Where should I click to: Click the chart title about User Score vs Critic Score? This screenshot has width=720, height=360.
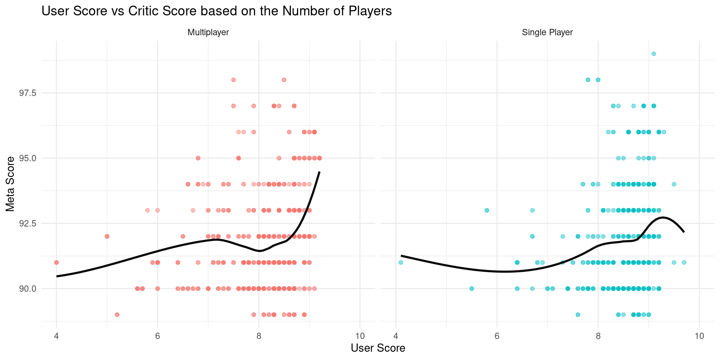[216, 11]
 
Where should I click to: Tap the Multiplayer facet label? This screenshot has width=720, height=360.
[208, 33]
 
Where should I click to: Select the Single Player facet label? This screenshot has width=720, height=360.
[547, 33]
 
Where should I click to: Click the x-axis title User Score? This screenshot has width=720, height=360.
[378, 348]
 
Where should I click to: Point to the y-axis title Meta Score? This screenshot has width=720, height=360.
[10, 184]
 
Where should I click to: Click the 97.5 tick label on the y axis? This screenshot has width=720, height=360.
[27, 93]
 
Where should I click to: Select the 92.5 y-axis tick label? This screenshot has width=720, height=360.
[27, 223]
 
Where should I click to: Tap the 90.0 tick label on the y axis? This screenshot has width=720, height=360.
[27, 289]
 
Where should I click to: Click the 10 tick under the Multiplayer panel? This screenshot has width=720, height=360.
[360, 336]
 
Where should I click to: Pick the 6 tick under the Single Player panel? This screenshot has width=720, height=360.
[497, 336]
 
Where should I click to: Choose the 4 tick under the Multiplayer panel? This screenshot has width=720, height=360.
[57, 336]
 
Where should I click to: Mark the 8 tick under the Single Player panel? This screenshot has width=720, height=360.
[598, 336]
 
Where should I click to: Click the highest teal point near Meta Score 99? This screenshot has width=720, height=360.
[654, 54]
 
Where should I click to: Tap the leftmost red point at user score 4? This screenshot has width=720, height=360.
[57, 262]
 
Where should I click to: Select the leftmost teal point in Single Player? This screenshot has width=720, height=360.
[401, 262]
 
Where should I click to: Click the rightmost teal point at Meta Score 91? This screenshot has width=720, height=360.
[684, 262]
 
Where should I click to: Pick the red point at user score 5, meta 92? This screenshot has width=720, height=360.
[107, 236]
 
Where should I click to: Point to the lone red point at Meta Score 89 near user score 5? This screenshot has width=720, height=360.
[117, 315]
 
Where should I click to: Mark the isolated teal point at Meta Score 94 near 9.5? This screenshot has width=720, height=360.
[674, 184]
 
